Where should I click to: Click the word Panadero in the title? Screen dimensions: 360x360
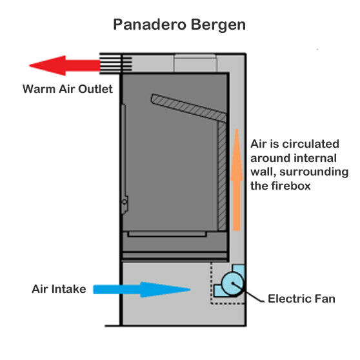tap(150, 25)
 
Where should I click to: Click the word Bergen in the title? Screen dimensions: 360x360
tap(218, 25)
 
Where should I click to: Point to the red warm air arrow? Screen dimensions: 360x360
tap(65, 65)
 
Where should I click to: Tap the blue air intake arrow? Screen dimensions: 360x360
tap(142, 290)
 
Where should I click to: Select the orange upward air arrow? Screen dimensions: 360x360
tap(237, 179)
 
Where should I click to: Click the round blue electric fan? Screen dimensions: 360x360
tap(232, 284)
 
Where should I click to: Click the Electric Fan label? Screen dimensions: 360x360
tap(301, 299)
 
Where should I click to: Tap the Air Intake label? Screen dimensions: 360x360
tap(59, 289)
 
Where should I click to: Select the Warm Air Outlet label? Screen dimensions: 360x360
tap(68, 88)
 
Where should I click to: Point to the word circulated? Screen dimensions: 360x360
tap(310, 144)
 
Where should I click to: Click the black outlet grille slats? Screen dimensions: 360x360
tap(115, 64)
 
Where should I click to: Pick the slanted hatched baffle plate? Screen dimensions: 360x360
tap(188, 108)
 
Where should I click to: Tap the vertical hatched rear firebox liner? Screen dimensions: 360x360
tap(222, 176)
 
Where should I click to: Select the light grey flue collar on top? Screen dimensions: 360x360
tap(195, 63)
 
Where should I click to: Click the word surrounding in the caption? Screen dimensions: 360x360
tap(314, 172)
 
